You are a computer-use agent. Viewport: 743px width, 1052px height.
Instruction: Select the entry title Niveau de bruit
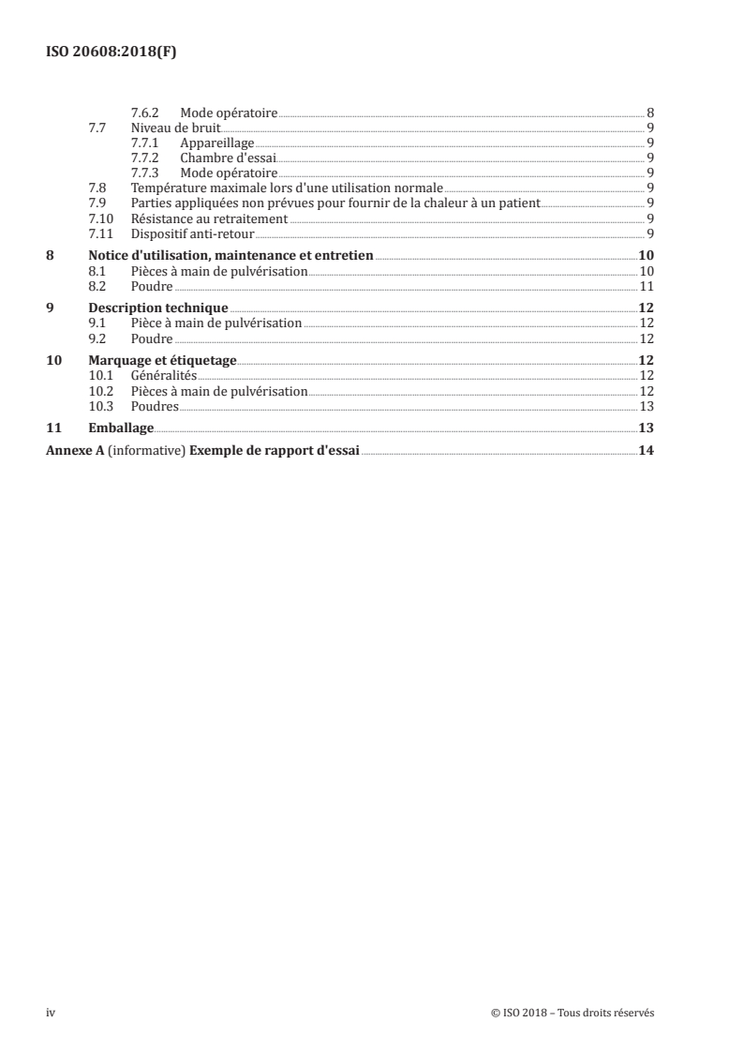(175, 128)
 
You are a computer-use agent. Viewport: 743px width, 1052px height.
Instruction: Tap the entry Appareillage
(217, 143)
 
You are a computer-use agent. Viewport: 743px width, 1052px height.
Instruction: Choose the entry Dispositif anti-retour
(192, 233)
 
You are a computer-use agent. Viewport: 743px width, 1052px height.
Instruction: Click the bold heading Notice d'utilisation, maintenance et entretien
(230, 255)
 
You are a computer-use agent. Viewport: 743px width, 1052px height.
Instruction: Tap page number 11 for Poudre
(646, 286)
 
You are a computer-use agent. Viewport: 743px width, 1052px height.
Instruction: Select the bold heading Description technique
(158, 308)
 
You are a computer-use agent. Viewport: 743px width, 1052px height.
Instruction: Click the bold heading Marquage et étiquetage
(162, 360)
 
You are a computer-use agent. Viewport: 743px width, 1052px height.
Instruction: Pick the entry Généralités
(164, 375)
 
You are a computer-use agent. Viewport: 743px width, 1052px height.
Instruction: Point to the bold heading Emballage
(121, 428)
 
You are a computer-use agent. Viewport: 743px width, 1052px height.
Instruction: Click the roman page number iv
(51, 1013)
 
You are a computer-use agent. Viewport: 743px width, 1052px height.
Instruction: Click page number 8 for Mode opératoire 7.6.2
(650, 113)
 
